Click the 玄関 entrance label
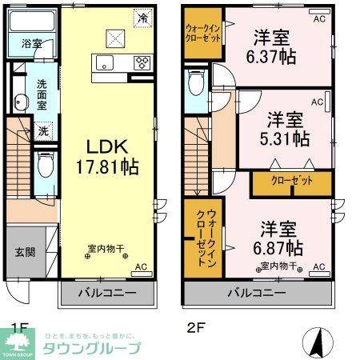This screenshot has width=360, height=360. point(25,252)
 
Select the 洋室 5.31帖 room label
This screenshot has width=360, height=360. point(288,127)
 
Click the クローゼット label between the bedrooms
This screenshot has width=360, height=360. point(292,182)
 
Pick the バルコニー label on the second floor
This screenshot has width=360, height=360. point(256,294)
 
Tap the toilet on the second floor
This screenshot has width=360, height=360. point(195,82)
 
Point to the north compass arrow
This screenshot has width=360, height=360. point(319,342)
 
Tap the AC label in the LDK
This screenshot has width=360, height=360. point(141,266)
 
